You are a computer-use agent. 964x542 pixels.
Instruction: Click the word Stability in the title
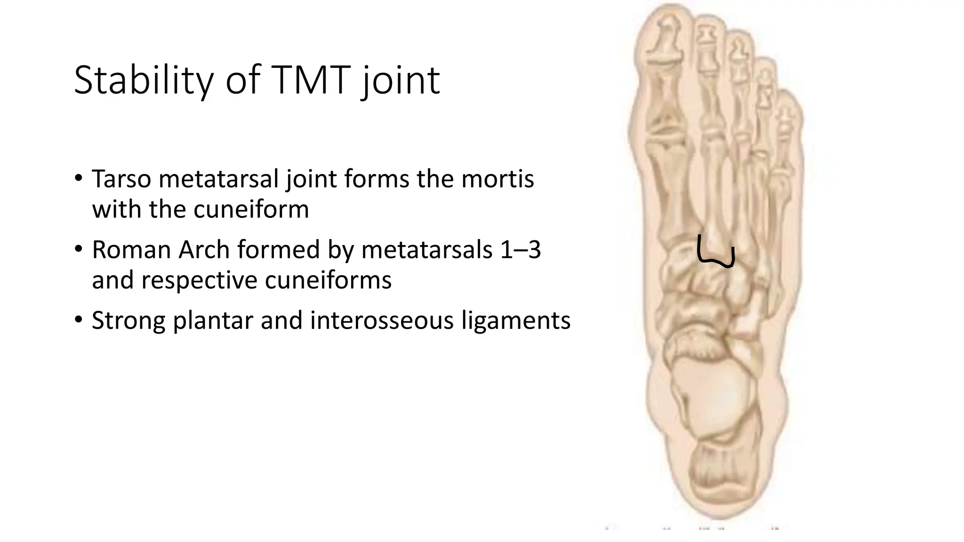coord(144,80)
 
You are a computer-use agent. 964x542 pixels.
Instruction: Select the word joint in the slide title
coord(401,80)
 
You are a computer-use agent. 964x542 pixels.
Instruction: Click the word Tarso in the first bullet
coord(122,179)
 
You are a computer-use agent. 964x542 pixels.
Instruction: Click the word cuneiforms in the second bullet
coord(328,280)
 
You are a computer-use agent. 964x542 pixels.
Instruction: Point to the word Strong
coord(129,321)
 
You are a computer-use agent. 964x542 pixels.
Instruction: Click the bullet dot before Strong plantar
coord(79,320)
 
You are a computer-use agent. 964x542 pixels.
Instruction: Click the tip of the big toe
coord(669,12)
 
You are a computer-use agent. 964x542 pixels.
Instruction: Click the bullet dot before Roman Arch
coord(79,249)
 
